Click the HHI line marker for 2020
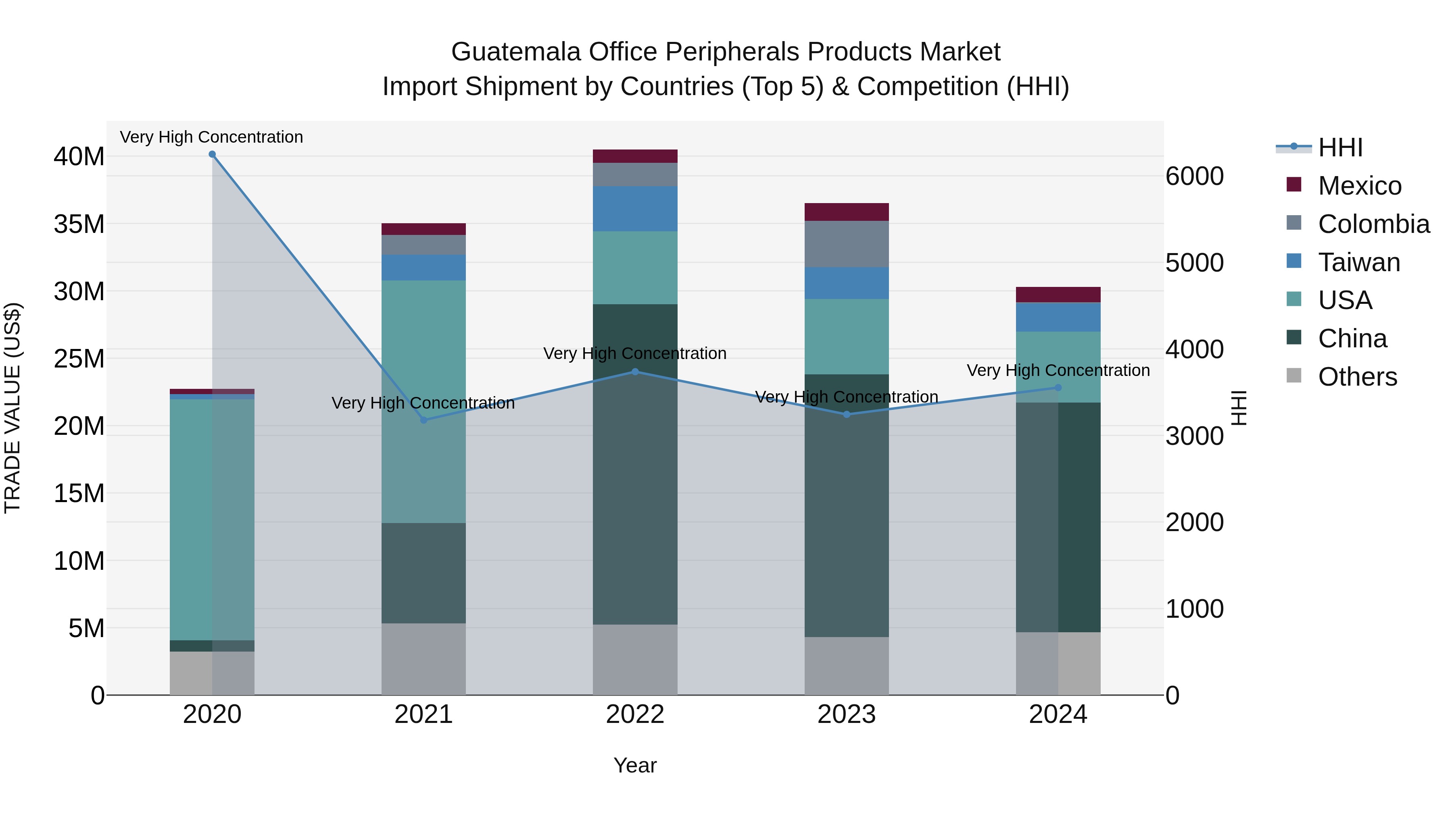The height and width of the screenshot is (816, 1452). click(212, 154)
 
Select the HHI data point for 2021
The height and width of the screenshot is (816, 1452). click(424, 420)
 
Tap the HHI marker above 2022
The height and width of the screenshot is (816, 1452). click(635, 372)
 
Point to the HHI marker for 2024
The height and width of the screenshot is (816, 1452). click(1058, 387)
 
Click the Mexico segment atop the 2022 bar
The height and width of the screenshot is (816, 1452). click(635, 156)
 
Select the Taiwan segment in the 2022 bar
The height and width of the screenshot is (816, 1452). click(635, 208)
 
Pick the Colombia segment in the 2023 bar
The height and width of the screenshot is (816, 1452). click(847, 244)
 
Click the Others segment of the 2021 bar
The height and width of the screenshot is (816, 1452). click(424, 659)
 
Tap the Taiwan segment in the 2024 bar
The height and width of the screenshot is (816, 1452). click(1058, 317)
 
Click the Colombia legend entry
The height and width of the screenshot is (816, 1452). click(1373, 224)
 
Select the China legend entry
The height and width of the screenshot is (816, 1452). click(1352, 338)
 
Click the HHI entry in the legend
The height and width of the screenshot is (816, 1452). click(1340, 147)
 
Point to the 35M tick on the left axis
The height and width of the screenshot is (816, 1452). click(79, 224)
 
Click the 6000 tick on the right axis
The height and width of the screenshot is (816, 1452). click(1194, 176)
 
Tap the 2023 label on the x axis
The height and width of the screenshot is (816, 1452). click(847, 714)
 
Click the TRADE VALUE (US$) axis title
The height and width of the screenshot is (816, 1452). click(13, 408)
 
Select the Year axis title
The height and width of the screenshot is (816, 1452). click(635, 765)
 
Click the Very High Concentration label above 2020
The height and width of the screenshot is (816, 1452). click(211, 137)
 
